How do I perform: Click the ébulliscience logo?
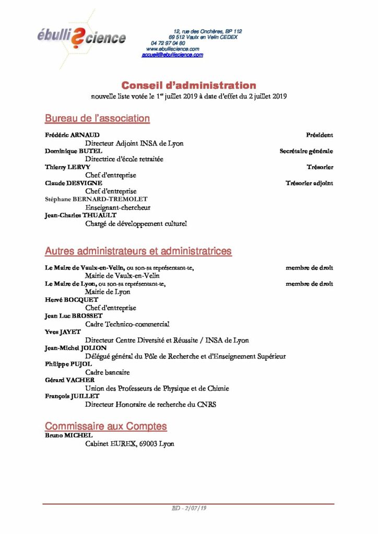(x=81, y=37)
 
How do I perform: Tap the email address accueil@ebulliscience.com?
(x=172, y=55)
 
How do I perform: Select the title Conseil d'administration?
(x=189, y=85)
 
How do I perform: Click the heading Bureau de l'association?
(x=97, y=118)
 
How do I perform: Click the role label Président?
(x=320, y=135)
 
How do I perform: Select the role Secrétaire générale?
(x=306, y=151)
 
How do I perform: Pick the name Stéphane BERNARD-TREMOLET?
(x=96, y=199)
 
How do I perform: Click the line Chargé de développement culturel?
(x=136, y=224)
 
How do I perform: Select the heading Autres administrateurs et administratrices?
(x=138, y=251)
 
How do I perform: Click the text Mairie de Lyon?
(x=108, y=292)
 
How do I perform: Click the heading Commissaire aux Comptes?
(x=106, y=426)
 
